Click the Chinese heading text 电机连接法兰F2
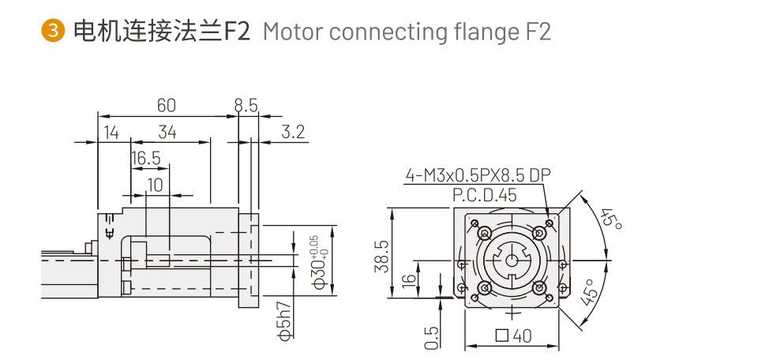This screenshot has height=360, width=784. (x=160, y=32)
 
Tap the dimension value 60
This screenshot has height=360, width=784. (x=166, y=105)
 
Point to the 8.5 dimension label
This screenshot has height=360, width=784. (x=246, y=105)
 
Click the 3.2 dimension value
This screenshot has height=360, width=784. (x=293, y=132)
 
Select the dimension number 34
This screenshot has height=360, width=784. (x=167, y=132)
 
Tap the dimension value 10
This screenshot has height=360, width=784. (x=155, y=185)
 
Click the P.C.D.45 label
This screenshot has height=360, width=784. (x=485, y=195)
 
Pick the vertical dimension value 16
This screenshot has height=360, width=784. (x=408, y=280)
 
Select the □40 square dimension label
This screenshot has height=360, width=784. (x=513, y=336)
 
